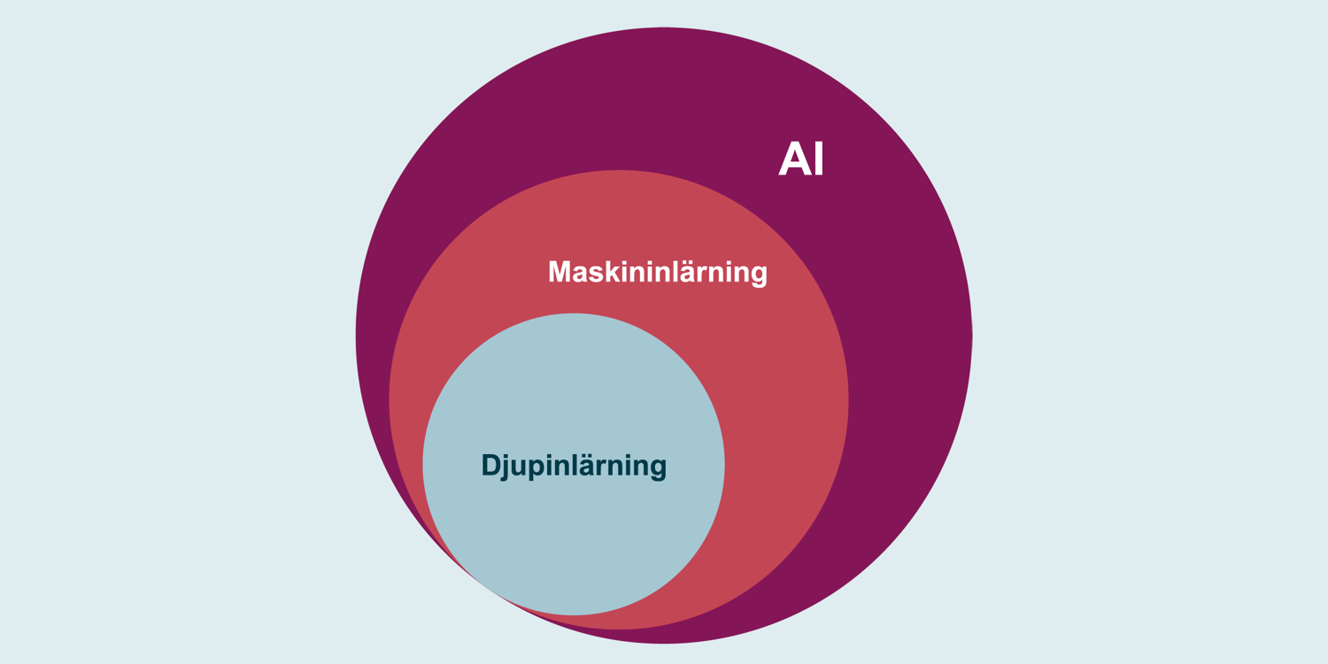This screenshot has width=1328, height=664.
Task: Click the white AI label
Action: [x=801, y=158]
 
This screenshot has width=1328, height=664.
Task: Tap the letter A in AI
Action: [x=794, y=158]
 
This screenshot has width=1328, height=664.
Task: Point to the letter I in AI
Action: [x=819, y=158]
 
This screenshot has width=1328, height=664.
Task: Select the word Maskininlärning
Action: [x=657, y=271]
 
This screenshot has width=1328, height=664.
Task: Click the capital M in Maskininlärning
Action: [x=560, y=271]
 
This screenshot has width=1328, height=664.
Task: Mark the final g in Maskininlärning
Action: [x=759, y=274]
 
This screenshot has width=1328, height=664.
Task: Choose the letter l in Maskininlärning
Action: [x=668, y=271]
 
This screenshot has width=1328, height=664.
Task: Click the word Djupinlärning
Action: [x=574, y=465]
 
